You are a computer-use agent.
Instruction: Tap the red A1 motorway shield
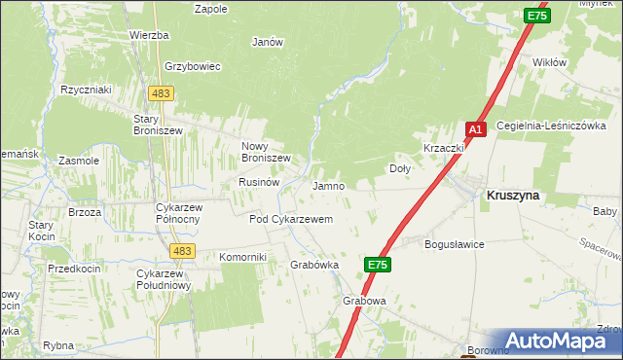pos(475,129)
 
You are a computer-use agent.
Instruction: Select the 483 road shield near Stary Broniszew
pos(162,92)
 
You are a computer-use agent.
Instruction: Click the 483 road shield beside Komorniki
pos(180,251)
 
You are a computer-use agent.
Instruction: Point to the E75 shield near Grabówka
pos(380,264)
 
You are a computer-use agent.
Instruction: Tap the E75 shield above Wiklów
pos(536,16)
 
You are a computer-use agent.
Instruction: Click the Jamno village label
pos(328,185)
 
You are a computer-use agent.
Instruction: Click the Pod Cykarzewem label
pos(291,220)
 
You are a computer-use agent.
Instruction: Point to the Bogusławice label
pos(455,244)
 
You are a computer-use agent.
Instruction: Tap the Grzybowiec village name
pos(194,66)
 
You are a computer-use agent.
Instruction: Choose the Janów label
pos(267,42)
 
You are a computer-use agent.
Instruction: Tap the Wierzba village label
pos(149,35)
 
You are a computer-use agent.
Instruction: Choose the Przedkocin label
pos(75,268)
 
